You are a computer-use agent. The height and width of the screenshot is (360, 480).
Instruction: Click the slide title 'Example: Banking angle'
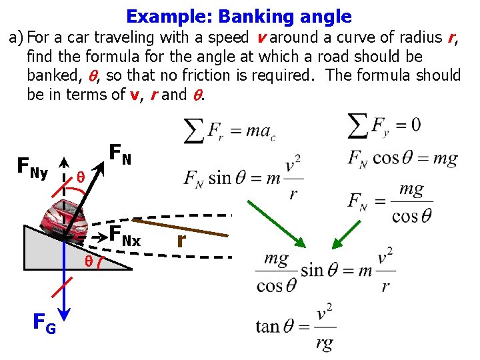239,16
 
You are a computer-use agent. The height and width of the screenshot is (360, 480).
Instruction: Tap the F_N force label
120,155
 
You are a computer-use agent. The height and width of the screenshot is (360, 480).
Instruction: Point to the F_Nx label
125,236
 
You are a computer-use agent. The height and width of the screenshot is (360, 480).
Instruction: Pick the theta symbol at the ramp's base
88,261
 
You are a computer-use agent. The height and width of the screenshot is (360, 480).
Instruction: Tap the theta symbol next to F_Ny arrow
80,177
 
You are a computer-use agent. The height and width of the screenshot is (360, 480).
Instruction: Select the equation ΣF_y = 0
385,125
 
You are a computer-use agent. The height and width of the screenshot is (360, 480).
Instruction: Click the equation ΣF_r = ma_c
229,130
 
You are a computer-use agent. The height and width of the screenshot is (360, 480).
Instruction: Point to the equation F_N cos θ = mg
402,159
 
